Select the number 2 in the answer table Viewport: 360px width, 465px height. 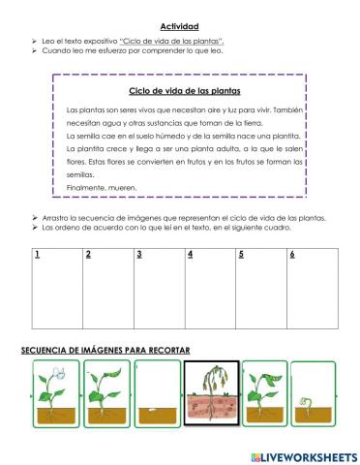(x=88, y=255)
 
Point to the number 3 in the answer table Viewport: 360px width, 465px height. (x=139, y=255)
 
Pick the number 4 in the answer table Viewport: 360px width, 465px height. (x=191, y=255)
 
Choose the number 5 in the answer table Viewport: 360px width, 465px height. (x=241, y=255)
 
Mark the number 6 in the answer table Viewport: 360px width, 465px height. (x=291, y=255)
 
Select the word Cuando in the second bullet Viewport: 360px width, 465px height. (x=55, y=51)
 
